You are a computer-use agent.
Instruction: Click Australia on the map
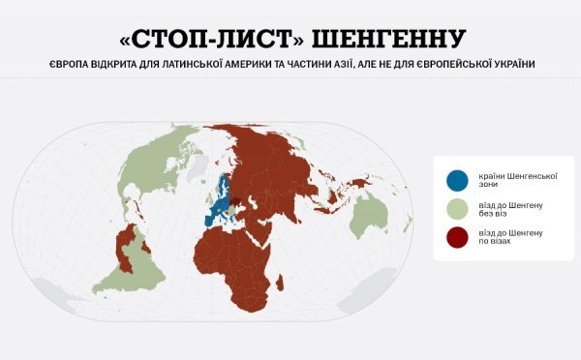click(371, 216)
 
